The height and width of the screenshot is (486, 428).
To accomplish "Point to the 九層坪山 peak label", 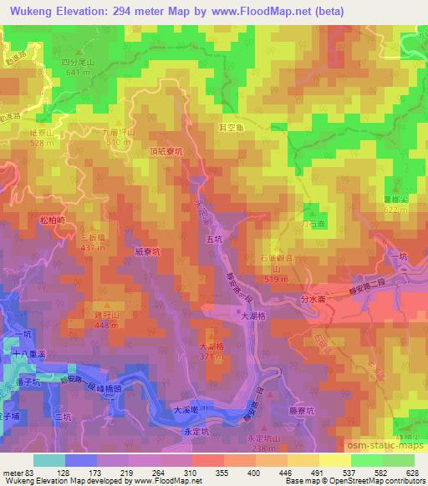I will click(x=116, y=132).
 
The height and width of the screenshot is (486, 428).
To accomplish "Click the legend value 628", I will click(x=410, y=473).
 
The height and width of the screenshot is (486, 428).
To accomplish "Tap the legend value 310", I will click(x=190, y=473).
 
